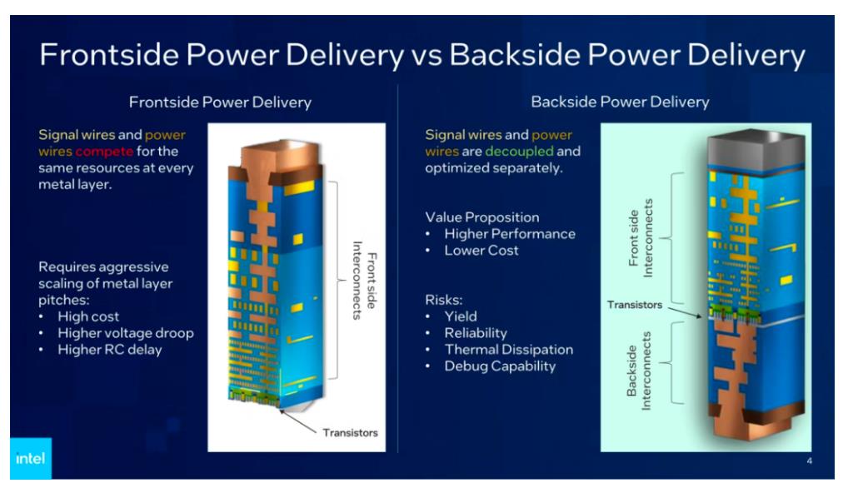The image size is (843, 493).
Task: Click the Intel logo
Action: (31, 459)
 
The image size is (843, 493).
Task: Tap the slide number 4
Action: (809, 461)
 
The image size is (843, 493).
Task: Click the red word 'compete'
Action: (104, 152)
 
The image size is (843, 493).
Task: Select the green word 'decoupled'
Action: (519, 151)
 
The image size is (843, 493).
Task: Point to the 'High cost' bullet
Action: (88, 316)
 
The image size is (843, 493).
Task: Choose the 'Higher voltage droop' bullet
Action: (126, 333)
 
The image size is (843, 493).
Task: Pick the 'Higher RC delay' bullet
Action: (110, 350)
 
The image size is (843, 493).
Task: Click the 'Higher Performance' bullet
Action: (510, 234)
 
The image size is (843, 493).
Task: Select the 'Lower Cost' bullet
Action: (481, 251)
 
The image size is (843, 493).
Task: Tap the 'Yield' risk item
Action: (460, 316)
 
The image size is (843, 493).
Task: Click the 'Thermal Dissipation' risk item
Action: (509, 350)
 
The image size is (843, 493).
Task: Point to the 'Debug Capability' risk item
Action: (500, 366)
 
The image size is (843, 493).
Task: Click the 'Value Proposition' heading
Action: (481, 217)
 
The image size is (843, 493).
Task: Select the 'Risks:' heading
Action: (443, 300)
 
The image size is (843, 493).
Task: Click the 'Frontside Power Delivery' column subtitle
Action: (220, 102)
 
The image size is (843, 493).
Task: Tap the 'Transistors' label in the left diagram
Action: (350, 433)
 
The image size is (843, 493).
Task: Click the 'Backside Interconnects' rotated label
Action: (639, 371)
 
